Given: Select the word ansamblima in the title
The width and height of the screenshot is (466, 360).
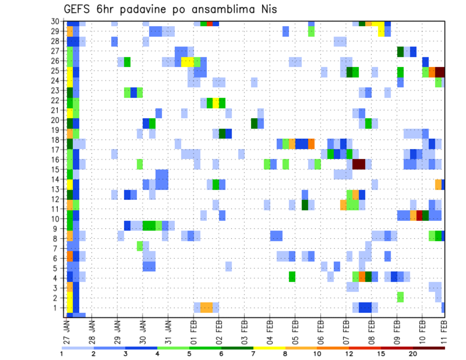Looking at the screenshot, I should (x=218, y=10).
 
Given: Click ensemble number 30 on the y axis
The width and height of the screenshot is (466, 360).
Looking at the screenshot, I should (x=56, y=22).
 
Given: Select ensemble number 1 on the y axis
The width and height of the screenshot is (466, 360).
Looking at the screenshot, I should (x=57, y=308).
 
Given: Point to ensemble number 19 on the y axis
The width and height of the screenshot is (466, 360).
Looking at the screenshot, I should (x=56, y=130).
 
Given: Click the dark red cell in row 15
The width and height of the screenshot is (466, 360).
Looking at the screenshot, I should (x=359, y=164).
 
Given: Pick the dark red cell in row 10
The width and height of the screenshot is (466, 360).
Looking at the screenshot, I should (x=419, y=215).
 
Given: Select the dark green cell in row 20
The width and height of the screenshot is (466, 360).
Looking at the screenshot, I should (x=254, y=123).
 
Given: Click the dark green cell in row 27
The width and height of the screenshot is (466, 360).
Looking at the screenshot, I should (x=400, y=51).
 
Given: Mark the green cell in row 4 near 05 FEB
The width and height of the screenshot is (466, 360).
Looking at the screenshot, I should (x=292, y=276).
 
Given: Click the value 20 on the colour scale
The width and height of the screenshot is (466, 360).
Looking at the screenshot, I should (x=413, y=354).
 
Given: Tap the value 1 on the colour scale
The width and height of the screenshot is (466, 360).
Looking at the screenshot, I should (x=62, y=354).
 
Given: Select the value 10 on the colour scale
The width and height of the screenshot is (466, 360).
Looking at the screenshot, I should (x=317, y=354).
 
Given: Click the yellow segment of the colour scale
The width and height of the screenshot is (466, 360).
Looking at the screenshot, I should (x=269, y=348).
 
